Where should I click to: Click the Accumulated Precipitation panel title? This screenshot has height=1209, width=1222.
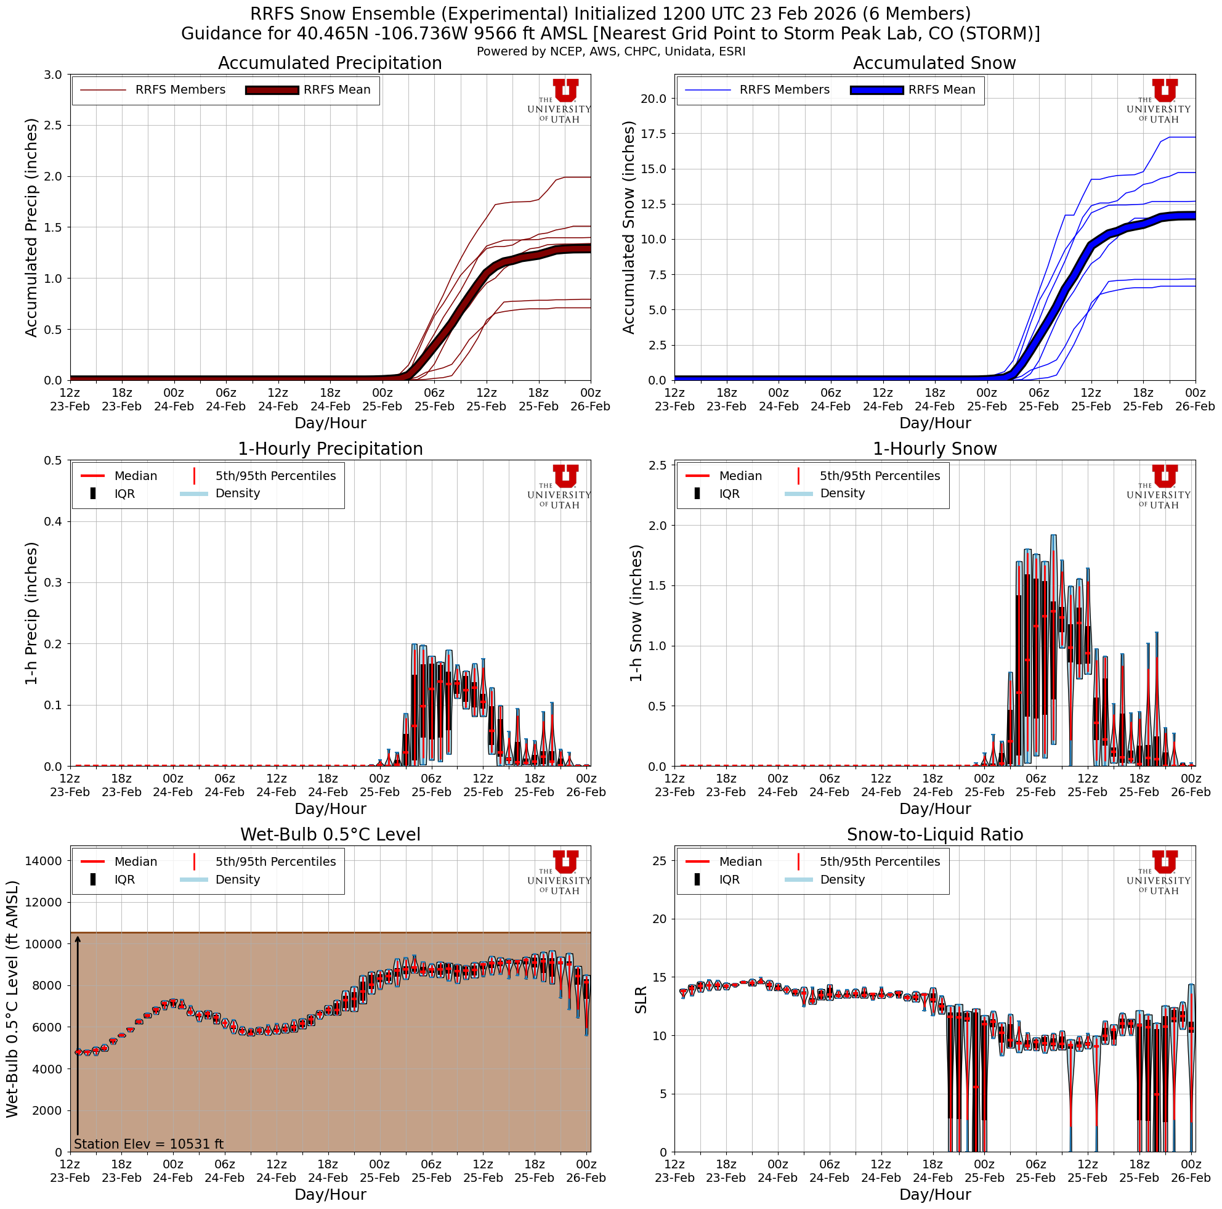click(330, 63)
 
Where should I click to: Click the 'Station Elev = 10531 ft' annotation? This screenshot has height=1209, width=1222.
click(148, 1144)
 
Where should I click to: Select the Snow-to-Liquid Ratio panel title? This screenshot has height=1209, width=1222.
click(935, 835)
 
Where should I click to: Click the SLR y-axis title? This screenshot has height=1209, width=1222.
click(641, 999)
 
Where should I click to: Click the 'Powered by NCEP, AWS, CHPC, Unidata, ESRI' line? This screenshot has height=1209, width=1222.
click(611, 51)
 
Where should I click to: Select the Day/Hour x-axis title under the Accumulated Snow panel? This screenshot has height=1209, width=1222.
click(935, 423)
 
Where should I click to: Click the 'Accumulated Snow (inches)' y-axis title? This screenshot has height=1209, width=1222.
click(628, 228)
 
